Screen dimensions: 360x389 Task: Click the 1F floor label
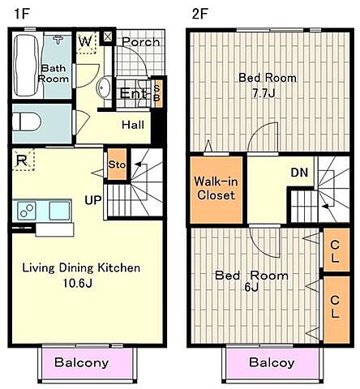click(x=21, y=14)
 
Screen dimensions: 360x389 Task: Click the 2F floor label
click(x=199, y=14)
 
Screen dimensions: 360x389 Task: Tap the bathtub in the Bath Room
click(x=26, y=66)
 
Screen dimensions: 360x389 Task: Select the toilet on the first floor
click(x=27, y=122)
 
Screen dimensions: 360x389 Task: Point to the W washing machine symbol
click(x=86, y=42)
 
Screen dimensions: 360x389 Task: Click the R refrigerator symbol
click(x=23, y=160)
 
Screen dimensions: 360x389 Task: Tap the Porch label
click(x=140, y=42)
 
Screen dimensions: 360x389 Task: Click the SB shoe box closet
click(x=156, y=93)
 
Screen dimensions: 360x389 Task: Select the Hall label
click(x=133, y=125)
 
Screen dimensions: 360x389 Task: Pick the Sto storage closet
click(x=117, y=165)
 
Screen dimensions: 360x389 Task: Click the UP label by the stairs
click(x=93, y=200)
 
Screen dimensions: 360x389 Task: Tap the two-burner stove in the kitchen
click(x=27, y=211)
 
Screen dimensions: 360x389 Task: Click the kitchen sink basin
click(x=59, y=211)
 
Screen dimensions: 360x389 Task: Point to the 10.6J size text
click(x=77, y=283)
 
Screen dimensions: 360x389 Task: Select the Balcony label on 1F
click(x=82, y=362)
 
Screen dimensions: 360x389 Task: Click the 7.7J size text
click(x=264, y=93)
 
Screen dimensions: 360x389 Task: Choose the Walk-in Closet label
click(x=216, y=188)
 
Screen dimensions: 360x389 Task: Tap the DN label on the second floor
click(x=299, y=173)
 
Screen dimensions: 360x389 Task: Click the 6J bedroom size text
click(x=251, y=288)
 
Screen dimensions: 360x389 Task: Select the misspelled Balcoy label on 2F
click(x=272, y=362)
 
